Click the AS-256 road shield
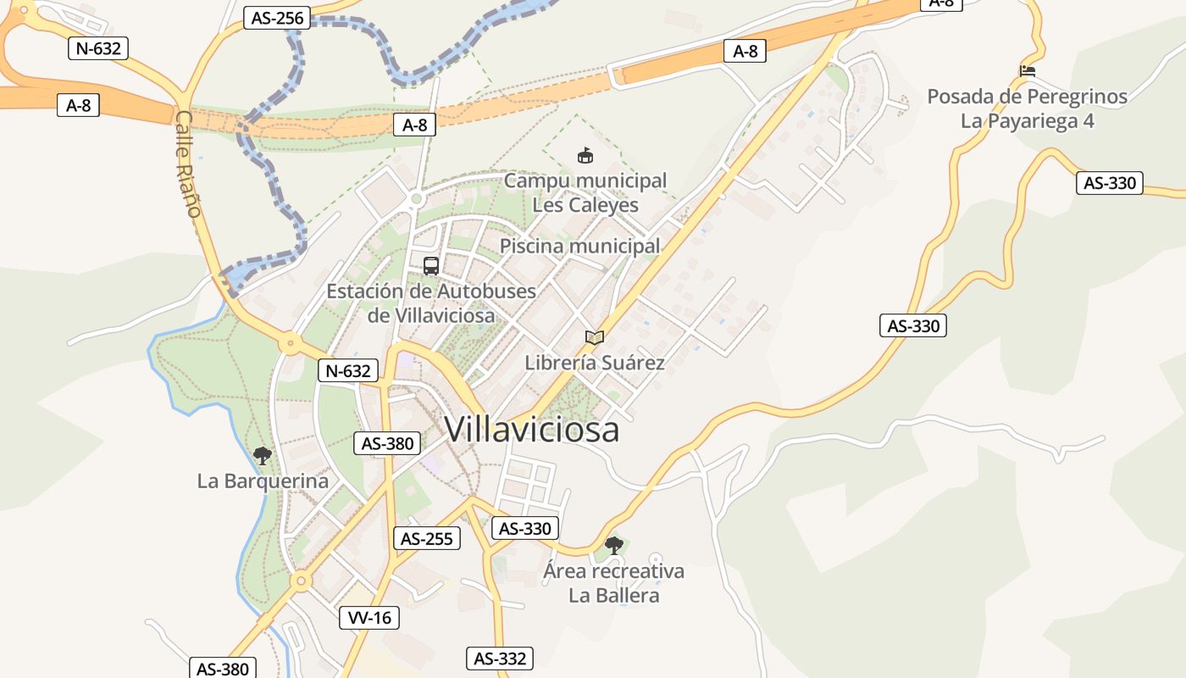[277, 18]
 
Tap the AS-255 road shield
[427, 538]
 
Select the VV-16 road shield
[369, 618]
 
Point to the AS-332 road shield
[500, 659]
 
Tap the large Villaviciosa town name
[531, 430]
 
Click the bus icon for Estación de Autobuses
[431, 265]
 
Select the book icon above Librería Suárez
[595, 337]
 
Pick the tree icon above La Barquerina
[263, 455]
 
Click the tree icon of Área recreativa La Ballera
[613, 545]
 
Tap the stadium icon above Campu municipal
[585, 155]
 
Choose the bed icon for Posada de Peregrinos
[1028, 71]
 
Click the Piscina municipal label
[579, 247]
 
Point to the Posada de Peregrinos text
[1027, 97]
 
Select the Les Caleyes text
[585, 205]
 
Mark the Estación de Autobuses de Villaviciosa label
[431, 303]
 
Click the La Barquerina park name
[263, 481]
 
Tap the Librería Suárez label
[595, 363]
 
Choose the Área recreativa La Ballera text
[613, 583]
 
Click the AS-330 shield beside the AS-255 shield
[525, 529]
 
